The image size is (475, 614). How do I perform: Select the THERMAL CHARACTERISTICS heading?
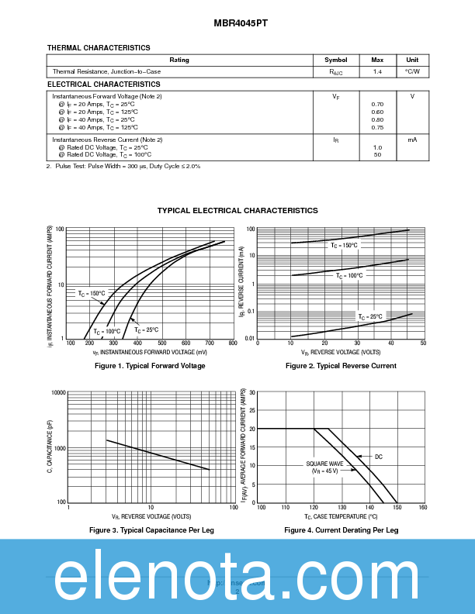[x=99, y=48]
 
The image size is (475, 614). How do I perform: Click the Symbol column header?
[x=336, y=60]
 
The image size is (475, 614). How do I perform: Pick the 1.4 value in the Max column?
[x=377, y=71]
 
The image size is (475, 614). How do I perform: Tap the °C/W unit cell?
[x=412, y=71]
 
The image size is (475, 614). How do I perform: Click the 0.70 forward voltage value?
[x=377, y=104]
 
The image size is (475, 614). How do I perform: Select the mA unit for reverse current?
[x=412, y=140]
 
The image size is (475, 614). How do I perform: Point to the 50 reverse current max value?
[x=377, y=154]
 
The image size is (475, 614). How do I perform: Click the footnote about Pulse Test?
[x=123, y=166]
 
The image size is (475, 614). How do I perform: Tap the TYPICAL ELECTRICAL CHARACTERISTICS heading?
[x=237, y=210]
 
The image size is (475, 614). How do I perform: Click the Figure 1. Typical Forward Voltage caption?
[x=150, y=365]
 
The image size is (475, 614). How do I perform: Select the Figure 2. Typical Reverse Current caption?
[x=341, y=365]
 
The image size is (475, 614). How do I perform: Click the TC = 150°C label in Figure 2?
[x=344, y=245]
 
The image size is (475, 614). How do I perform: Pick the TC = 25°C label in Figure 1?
[x=146, y=329]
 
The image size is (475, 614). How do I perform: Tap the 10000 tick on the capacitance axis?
[x=57, y=393]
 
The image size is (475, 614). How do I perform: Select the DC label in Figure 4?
[x=379, y=457]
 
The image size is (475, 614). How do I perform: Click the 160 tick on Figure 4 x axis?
[x=422, y=507]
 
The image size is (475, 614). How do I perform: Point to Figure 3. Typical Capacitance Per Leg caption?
[x=151, y=529]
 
